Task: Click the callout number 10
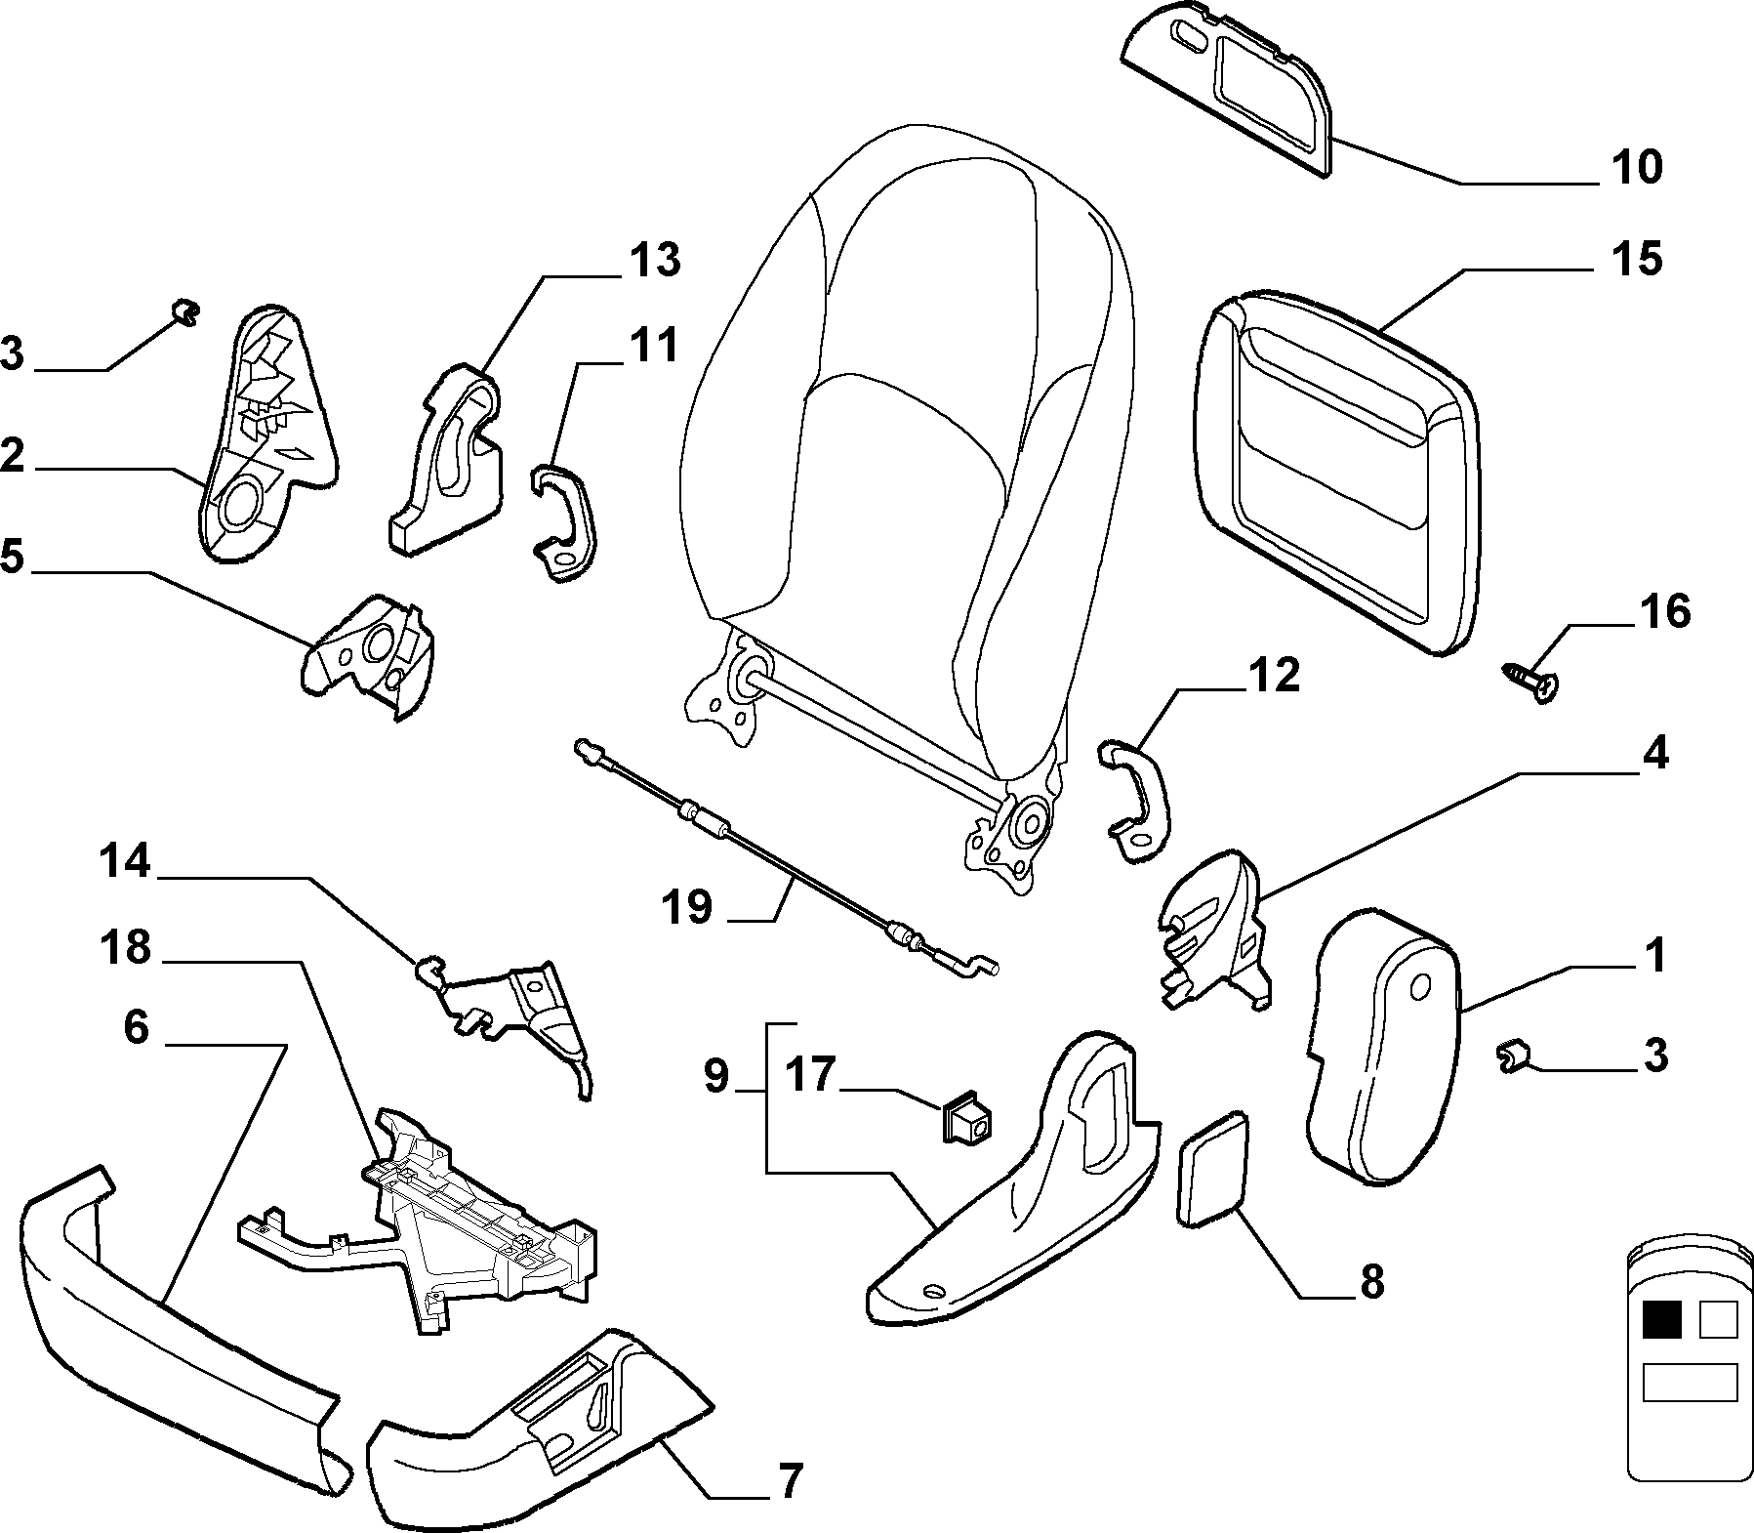click(x=1636, y=167)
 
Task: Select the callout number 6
click(x=136, y=1026)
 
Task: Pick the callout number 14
click(x=125, y=862)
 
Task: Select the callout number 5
click(x=12, y=558)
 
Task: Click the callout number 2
click(x=12, y=457)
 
